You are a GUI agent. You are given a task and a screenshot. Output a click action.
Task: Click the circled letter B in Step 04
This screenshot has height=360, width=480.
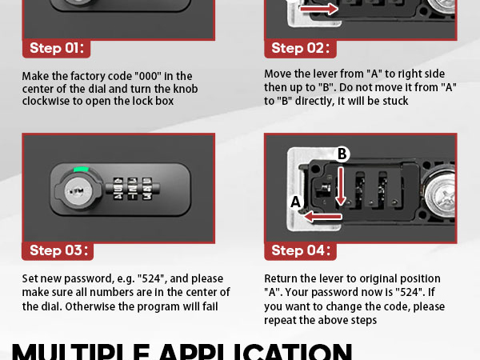[x=342, y=154]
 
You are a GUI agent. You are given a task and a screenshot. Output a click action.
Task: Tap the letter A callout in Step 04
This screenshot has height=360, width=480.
[x=295, y=202]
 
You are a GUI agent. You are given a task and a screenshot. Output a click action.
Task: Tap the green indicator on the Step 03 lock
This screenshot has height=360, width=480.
[x=81, y=169]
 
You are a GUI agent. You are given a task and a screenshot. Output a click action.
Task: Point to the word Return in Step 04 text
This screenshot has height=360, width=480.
[x=282, y=278]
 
